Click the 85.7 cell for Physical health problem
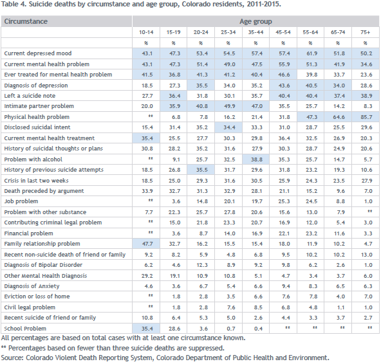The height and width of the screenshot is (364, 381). (366, 117)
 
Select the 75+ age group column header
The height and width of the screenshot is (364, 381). (365, 32)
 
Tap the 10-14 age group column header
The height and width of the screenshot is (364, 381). (146, 32)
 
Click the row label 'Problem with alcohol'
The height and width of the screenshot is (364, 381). (33, 159)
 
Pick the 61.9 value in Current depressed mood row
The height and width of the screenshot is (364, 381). (311, 53)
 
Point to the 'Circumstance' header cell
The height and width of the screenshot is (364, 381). (26, 21)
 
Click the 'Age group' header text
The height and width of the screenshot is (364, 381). (256, 22)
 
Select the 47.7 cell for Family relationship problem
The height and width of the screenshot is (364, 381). (147, 244)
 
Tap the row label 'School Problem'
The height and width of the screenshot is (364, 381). (25, 329)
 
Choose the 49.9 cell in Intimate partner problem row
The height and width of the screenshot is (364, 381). (229, 106)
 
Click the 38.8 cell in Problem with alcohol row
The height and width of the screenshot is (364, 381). (257, 159)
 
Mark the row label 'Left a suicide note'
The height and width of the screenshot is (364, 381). (30, 96)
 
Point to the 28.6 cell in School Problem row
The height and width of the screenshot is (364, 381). (174, 329)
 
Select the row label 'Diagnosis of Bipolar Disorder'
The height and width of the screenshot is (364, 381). (43, 265)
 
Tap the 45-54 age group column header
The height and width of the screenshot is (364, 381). (283, 32)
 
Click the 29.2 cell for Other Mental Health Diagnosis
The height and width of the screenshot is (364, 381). (147, 276)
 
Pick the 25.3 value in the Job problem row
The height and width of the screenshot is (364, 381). (284, 201)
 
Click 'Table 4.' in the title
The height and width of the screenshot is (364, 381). (14, 4)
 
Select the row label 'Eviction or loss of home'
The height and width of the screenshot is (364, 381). (37, 296)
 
